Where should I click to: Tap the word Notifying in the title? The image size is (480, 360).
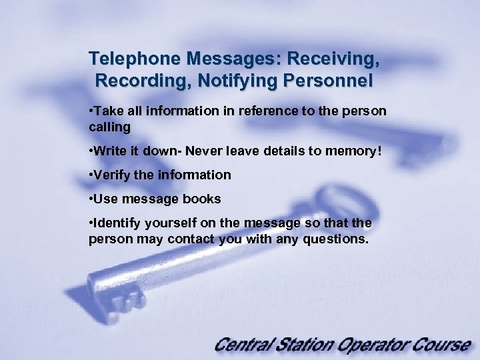pyautogui.click(x=245, y=82)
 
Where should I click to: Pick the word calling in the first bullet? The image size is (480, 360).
pyautogui.click(x=109, y=126)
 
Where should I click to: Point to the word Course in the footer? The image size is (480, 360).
pyautogui.click(x=443, y=345)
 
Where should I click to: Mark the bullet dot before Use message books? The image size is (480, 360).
pyautogui.click(x=91, y=199)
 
